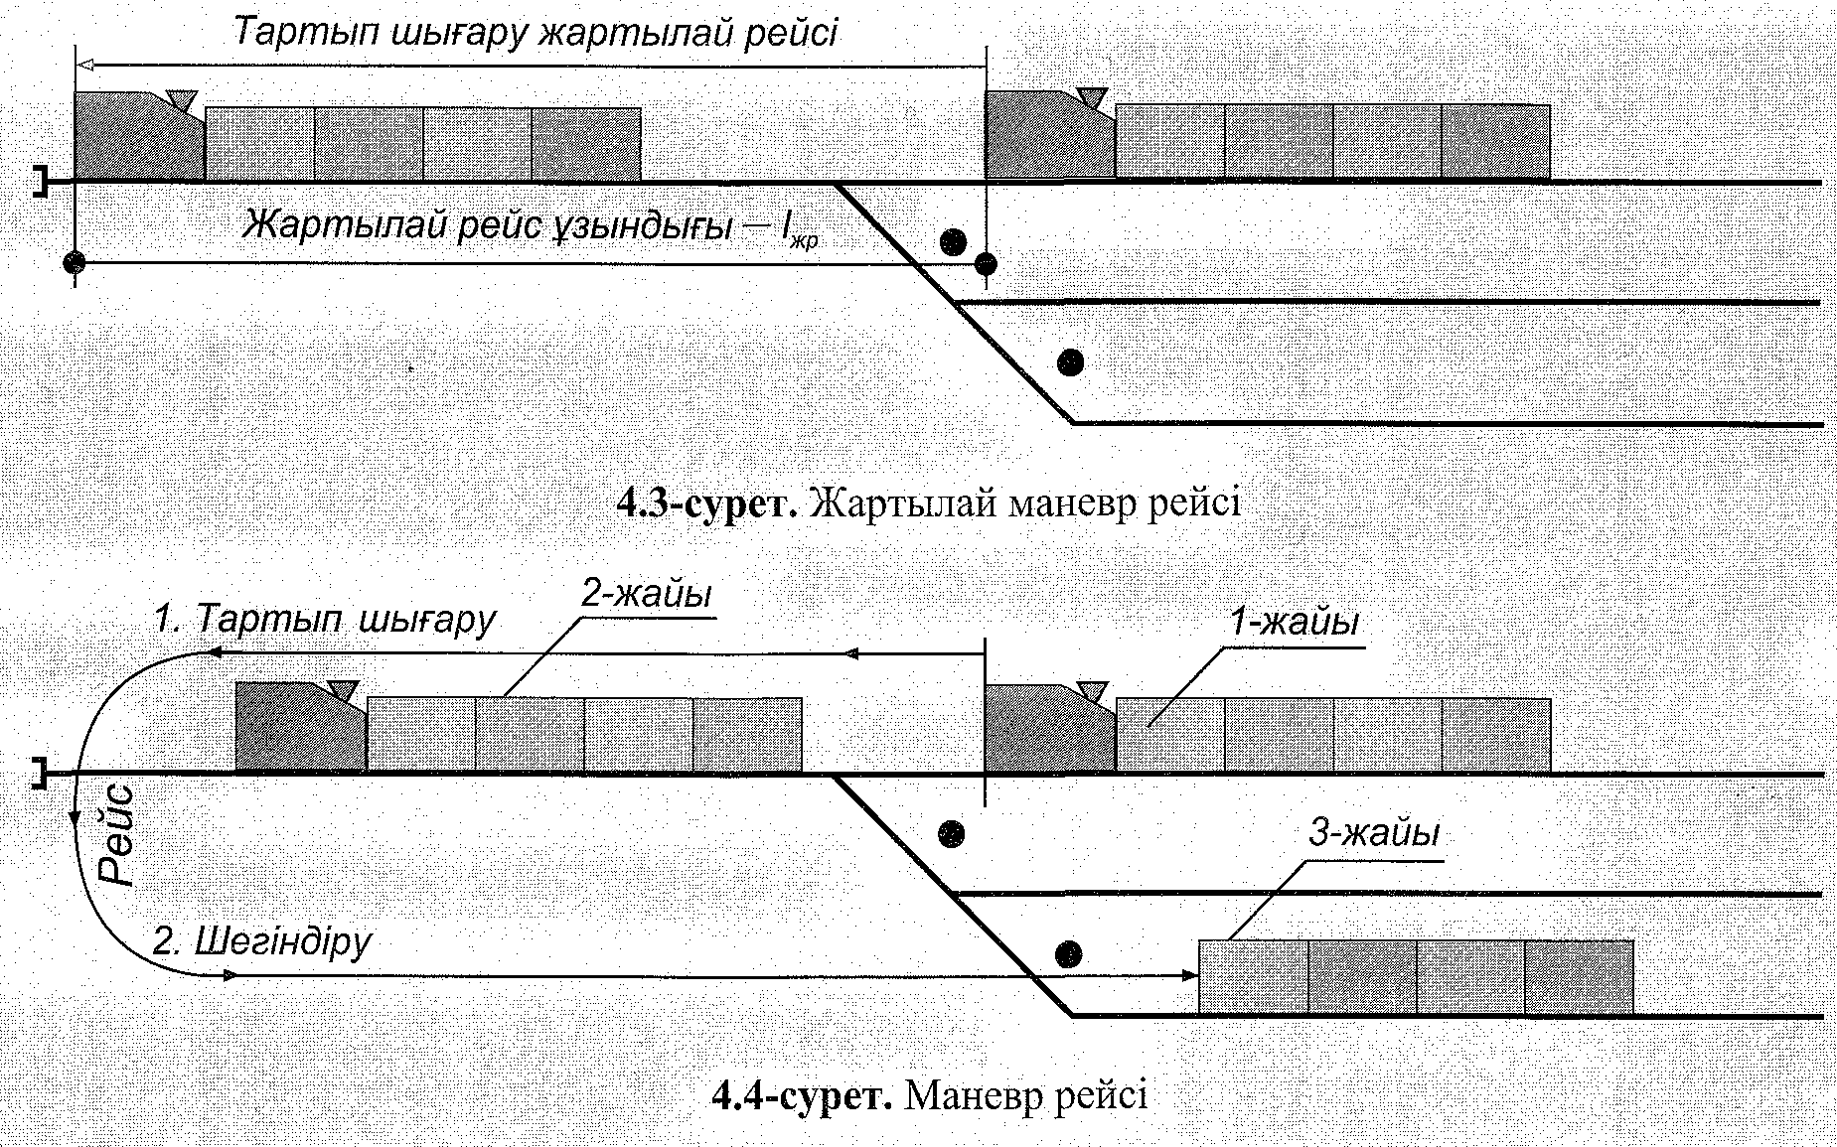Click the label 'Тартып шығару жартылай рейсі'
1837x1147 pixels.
coord(536,33)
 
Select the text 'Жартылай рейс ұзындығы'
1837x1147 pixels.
coord(487,225)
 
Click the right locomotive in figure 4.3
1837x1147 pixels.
coord(1048,137)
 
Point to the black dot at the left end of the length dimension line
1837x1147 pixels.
coord(75,263)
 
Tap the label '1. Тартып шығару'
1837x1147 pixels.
coord(324,620)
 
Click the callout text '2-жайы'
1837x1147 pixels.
coord(647,595)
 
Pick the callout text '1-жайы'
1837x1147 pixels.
coord(1295,623)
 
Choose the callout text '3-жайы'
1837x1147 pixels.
coord(1373,833)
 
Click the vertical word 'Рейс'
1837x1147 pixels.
coord(119,835)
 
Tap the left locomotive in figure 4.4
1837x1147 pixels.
coord(299,728)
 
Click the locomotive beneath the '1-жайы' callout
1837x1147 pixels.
coord(1048,728)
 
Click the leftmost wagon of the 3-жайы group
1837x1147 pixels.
coord(1254,977)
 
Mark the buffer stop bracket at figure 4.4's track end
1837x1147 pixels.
coord(40,773)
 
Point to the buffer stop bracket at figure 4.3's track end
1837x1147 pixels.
coord(40,182)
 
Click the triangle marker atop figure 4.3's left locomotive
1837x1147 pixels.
coord(182,99)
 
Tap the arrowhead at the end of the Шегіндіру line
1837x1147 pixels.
coord(1191,977)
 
